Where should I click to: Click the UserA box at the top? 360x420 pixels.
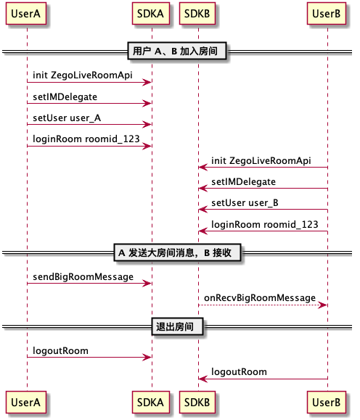(26, 14)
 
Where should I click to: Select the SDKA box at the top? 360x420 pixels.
(151, 14)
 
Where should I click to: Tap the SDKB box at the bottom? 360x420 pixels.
(197, 403)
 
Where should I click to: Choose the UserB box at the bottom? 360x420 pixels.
(327, 403)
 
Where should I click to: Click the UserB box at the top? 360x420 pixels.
(327, 14)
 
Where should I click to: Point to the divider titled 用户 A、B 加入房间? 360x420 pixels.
(177, 51)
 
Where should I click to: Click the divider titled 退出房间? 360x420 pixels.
(177, 326)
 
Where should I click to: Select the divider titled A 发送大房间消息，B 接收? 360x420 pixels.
(177, 252)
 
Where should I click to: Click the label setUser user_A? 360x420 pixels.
(67, 118)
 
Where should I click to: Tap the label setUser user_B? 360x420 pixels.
(245, 203)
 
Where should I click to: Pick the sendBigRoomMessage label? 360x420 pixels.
(83, 277)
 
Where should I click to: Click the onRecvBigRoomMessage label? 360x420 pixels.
(260, 298)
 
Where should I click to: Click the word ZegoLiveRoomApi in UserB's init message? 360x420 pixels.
(270, 161)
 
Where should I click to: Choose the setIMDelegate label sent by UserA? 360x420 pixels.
(65, 97)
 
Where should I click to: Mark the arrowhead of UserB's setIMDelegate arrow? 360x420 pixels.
(203, 189)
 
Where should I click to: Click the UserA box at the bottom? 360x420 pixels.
(26, 403)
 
